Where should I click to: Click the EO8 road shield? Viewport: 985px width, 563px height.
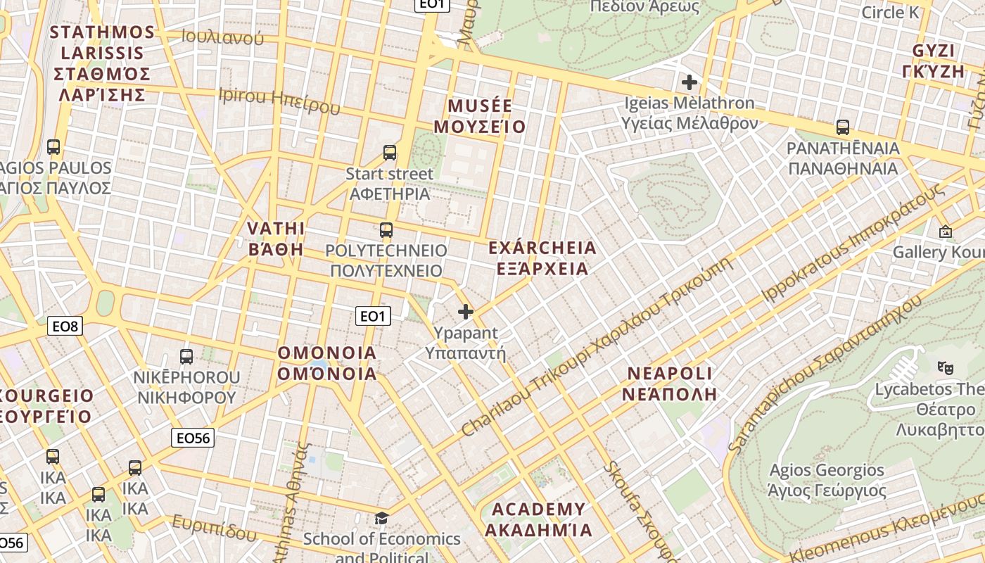point(65,326)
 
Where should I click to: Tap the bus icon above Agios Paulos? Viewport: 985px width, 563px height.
point(53,147)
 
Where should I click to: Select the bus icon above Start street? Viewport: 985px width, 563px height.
point(390,152)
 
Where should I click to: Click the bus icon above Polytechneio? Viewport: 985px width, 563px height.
point(386,229)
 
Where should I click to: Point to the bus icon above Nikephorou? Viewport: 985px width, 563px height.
point(186,356)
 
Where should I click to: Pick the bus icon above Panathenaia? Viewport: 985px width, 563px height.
point(843,127)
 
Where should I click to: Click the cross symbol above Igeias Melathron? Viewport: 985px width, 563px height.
point(689,82)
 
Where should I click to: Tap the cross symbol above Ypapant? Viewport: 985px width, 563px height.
point(466,312)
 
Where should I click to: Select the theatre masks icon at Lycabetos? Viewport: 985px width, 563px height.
point(945,367)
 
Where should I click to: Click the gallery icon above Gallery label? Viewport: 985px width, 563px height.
point(945,232)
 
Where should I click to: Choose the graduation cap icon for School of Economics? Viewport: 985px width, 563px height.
point(381,519)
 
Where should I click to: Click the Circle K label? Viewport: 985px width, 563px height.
point(890,13)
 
